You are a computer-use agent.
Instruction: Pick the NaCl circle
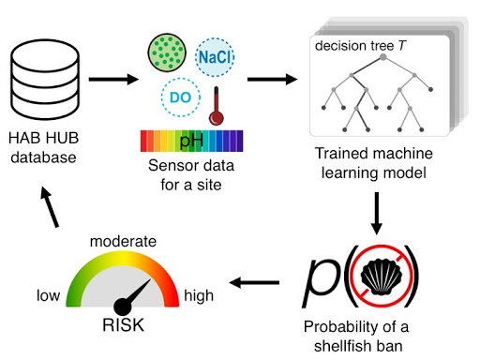coord(215,58)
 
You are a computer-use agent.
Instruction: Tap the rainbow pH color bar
coord(192,142)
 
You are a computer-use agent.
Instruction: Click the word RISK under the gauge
coord(125,327)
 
